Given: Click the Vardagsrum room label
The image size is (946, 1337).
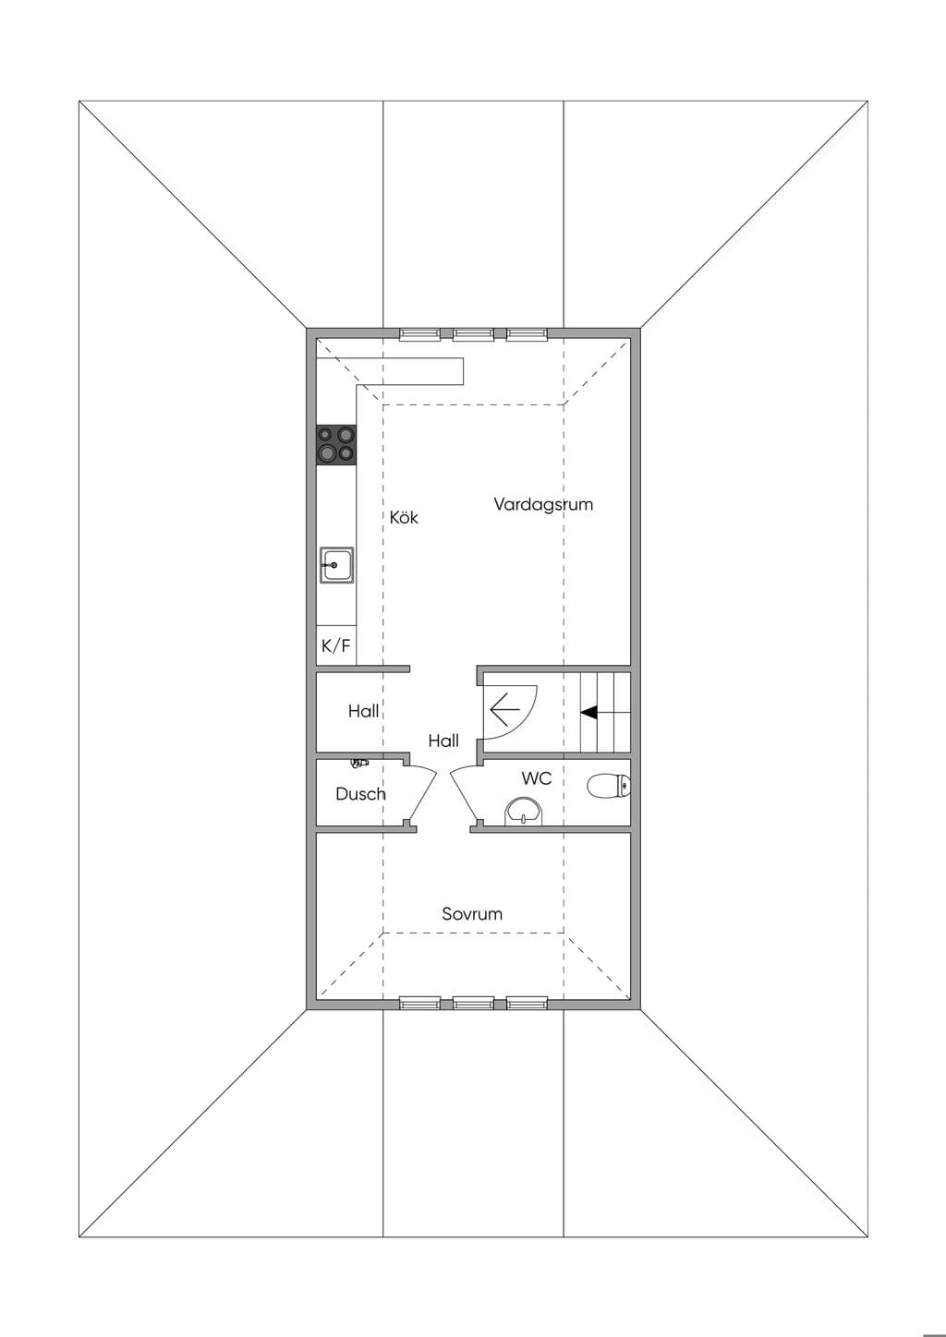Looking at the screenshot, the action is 543,505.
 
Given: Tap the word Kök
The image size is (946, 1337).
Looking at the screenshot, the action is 404,517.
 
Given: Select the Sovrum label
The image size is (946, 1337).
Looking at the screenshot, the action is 472,914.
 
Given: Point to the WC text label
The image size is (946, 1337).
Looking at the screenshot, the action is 537,778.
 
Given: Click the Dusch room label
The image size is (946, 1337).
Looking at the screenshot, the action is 360,794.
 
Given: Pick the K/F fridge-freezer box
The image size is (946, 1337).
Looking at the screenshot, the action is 336,645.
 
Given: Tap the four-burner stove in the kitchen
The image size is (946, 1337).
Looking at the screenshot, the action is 336,445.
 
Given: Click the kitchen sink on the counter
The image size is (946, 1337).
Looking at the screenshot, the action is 337,565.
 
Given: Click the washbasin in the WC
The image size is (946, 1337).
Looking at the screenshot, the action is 525,812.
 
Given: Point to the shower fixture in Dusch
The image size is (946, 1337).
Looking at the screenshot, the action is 359,762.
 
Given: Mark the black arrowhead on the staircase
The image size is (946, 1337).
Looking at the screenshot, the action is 588,712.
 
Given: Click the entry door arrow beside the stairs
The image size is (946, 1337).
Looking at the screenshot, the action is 504,710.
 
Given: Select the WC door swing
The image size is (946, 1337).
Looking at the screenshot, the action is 466,795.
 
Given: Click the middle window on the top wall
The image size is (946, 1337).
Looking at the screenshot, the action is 473,334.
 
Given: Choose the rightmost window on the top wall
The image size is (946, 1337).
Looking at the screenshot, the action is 528,334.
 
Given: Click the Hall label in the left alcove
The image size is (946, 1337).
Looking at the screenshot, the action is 364,711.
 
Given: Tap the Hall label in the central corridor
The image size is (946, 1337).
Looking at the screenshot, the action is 443,741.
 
